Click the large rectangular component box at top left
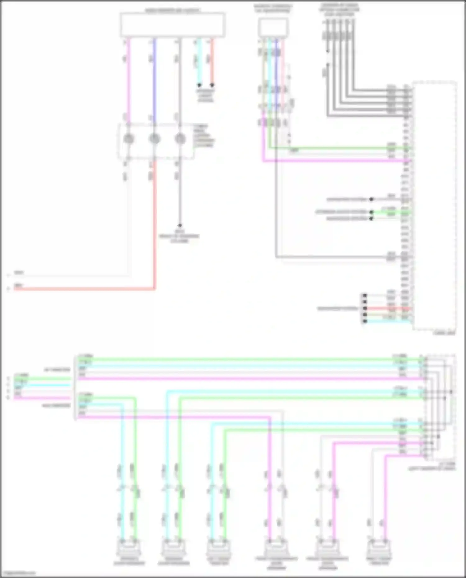pos(172,25)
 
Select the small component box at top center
pos(273,27)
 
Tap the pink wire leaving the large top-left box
pos(129,78)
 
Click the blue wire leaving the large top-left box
pos(154,78)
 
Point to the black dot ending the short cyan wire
pos(199,85)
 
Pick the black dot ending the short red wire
pos(212,85)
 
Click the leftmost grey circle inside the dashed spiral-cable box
pos(129,139)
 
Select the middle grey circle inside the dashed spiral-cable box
pos(154,139)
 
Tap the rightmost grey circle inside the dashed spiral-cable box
pos(180,139)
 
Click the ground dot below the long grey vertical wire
pos(180,225)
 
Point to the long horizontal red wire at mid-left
pos(84,289)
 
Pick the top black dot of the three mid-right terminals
pos(371,199)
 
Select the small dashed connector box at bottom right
pos(441,407)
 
